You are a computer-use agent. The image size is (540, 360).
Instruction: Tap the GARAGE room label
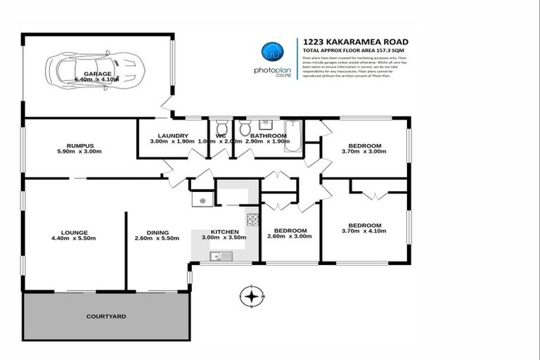[x=98, y=73]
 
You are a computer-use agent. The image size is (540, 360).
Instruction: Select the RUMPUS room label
[x=70, y=146]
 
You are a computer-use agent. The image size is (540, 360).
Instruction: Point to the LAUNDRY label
[x=172, y=135]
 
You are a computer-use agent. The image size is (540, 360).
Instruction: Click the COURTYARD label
[x=106, y=316]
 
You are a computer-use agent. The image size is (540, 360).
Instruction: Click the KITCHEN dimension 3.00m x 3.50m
[x=225, y=238]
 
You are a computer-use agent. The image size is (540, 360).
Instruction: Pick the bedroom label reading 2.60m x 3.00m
[x=290, y=236]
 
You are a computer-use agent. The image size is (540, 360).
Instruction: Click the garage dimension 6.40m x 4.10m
[x=98, y=79]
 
